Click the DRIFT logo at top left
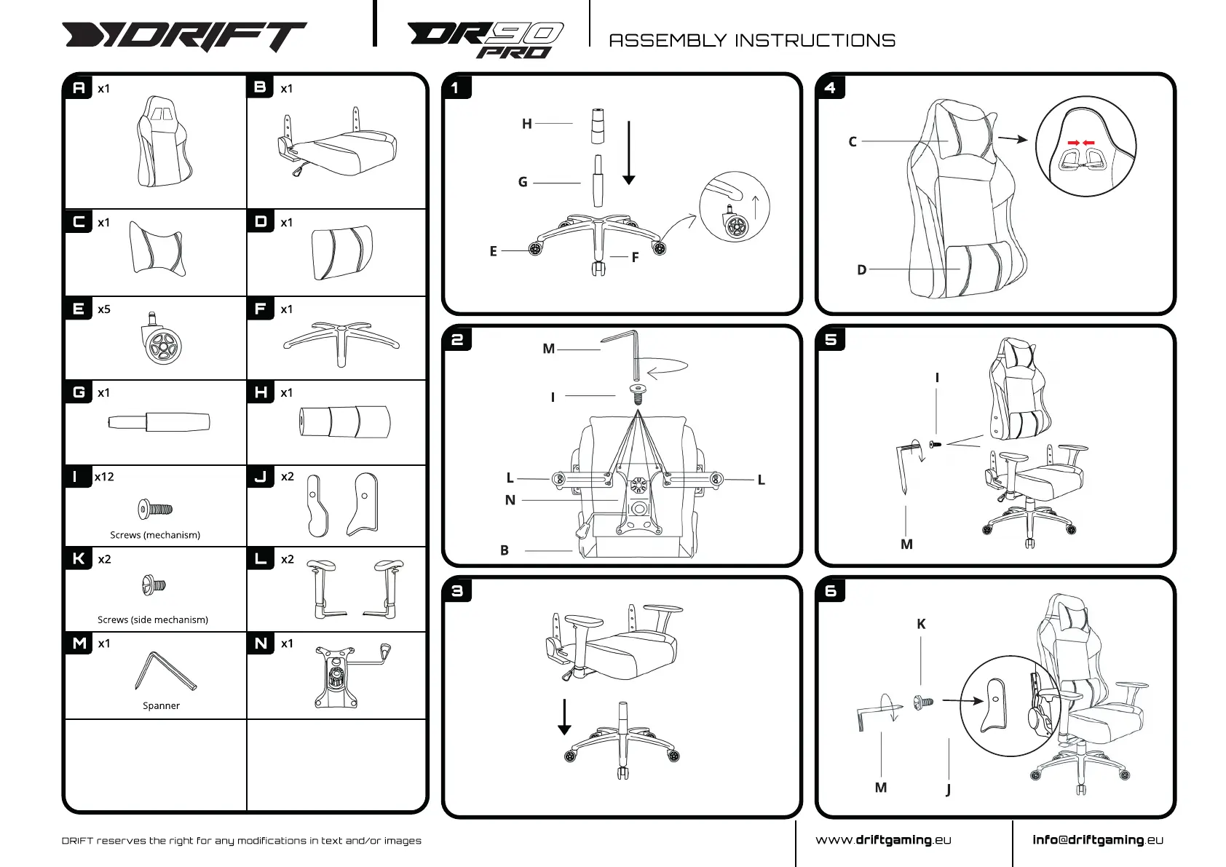(x=183, y=36)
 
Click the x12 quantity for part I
(x=104, y=477)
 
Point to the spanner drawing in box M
(x=165, y=671)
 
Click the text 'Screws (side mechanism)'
(x=153, y=619)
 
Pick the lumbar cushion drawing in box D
(x=341, y=252)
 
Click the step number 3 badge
(x=457, y=590)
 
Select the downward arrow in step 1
(x=629, y=153)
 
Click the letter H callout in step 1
(x=526, y=124)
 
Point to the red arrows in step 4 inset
(x=1080, y=143)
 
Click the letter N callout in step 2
(x=510, y=500)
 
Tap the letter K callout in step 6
(x=921, y=624)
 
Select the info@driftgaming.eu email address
(x=1098, y=840)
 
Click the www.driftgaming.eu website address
(x=883, y=840)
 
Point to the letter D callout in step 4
(x=861, y=270)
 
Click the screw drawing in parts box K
(x=154, y=585)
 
